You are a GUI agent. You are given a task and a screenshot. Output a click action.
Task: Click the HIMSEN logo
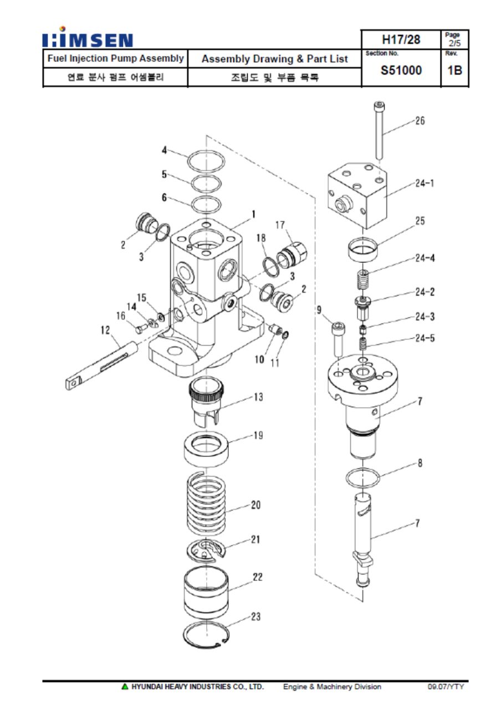88,37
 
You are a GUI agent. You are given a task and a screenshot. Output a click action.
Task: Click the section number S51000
401,70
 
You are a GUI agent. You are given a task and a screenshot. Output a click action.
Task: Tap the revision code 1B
454,70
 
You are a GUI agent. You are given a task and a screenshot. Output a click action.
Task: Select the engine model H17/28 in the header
401,39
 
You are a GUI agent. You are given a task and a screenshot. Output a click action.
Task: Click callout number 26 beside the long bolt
420,120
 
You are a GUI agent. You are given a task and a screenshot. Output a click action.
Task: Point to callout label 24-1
425,183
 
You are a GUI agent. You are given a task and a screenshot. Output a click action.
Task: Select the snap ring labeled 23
206,635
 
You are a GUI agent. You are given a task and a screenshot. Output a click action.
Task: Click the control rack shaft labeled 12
101,366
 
